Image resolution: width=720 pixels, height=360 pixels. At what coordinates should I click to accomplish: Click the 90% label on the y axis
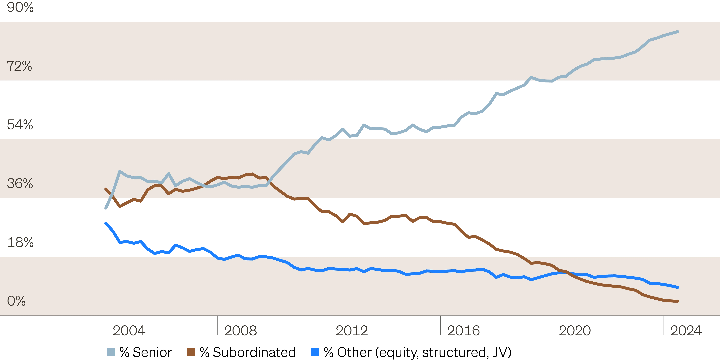tap(20, 7)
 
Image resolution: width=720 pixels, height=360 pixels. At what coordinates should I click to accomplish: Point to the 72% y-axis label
tap(19, 66)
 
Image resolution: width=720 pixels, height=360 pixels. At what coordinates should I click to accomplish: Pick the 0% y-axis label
tap(16, 301)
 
